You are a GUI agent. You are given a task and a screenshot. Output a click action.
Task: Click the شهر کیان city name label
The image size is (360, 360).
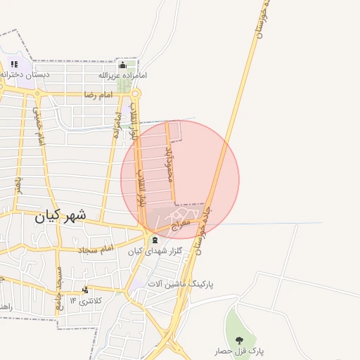coord(59,217)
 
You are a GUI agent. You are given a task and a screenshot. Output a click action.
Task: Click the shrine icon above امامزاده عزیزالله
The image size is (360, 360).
coord(122,65)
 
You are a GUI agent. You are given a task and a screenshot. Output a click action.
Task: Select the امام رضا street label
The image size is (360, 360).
coord(98,94)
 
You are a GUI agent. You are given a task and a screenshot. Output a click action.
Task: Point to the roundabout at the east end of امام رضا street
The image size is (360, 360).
coord(136,93)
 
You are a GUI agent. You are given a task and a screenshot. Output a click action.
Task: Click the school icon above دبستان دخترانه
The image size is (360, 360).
coord(13,64)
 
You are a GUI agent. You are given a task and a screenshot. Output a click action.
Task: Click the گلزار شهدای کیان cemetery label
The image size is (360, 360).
coord(155,250)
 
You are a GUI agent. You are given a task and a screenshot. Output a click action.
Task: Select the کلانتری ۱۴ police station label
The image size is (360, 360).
coord(85,300)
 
